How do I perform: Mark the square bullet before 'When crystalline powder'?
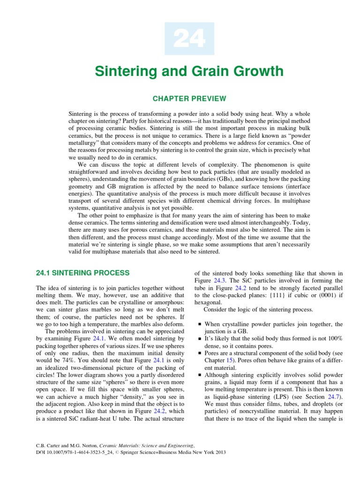click(x=200, y=324)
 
